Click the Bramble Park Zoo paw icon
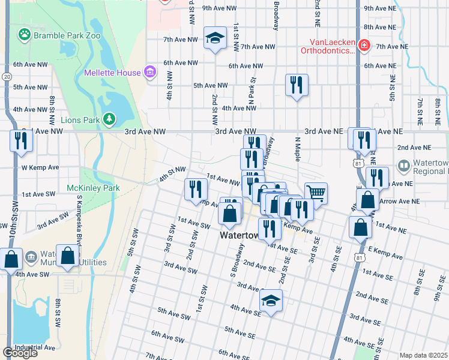(25, 35)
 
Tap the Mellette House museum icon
(150, 73)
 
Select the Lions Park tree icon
(109, 119)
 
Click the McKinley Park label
(93, 188)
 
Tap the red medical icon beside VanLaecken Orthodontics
(364, 45)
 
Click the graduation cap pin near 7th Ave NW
(214, 39)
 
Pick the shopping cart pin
(316, 193)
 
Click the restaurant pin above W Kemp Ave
(20, 141)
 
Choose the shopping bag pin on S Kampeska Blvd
(68, 256)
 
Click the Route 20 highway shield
(6, 77)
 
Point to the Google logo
(20, 352)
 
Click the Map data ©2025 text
(423, 355)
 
